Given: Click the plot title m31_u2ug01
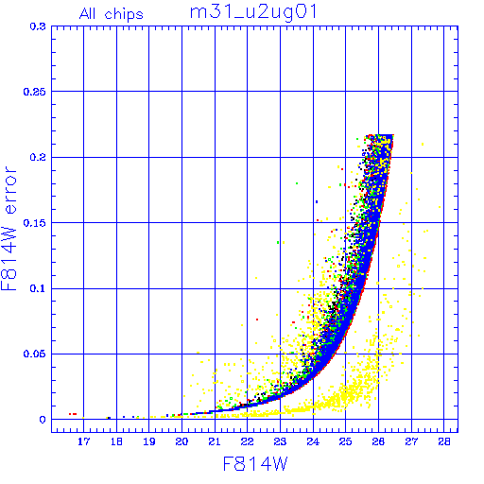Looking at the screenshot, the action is (253, 12).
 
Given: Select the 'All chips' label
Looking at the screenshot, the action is (112, 14).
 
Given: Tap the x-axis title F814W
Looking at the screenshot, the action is (255, 464).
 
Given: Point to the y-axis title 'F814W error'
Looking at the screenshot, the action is (9, 229).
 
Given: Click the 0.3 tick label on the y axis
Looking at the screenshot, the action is (38, 26).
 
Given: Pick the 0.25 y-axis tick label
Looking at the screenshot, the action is (35, 92).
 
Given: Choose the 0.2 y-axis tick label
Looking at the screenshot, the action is (38, 157).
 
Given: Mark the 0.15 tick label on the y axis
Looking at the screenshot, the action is (35, 223).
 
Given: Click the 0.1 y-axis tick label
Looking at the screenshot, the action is (38, 288).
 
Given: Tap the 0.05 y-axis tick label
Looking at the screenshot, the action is (35, 354).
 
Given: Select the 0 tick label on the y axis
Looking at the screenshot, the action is (43, 420).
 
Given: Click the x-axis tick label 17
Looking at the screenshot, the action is (84, 441).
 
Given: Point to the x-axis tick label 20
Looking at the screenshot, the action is (182, 441).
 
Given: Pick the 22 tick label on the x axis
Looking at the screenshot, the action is (248, 441).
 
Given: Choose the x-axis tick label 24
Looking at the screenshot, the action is (313, 441).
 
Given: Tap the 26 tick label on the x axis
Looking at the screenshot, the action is (378, 441).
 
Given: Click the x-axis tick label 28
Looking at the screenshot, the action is (444, 441).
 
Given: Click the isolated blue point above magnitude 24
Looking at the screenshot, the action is (317, 201).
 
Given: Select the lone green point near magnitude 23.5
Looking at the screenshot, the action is (297, 183).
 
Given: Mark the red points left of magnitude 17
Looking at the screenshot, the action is (73, 414).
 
